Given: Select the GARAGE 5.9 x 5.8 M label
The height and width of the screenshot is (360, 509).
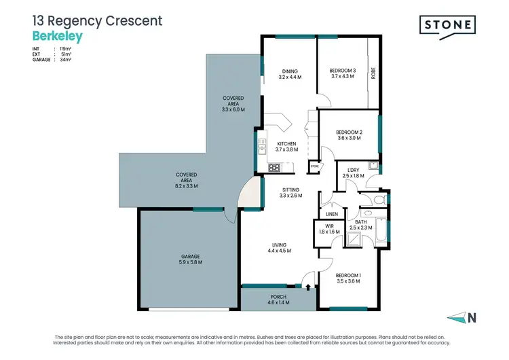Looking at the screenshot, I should tap(189, 259).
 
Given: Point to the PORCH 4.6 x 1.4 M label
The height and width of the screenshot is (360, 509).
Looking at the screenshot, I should tap(278, 300).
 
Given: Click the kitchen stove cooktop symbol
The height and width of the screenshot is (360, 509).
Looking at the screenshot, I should tap(274, 167).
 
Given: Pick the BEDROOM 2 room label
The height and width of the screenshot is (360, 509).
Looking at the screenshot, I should tap(348, 134).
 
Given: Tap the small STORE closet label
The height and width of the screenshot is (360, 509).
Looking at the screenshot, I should tap(314, 165).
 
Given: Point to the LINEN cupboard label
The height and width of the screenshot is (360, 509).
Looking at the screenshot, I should tap(332, 215).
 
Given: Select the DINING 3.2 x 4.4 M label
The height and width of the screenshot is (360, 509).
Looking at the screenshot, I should tap(290, 74).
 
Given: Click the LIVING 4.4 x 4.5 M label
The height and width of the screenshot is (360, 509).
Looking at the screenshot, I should tap(279, 248).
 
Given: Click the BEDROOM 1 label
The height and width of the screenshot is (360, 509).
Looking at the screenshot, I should tap(348, 278).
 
